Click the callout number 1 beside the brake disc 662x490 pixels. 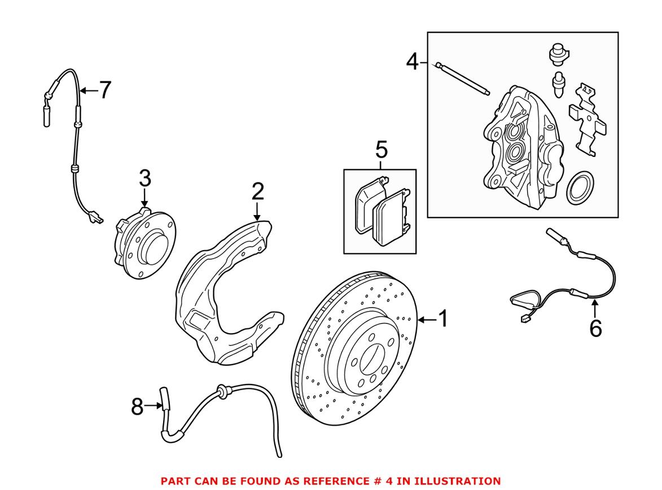point(442,320)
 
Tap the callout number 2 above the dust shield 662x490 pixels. point(257,193)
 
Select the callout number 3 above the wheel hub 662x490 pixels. point(145,179)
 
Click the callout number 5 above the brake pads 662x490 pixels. point(381,151)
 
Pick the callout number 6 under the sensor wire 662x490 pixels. point(595,327)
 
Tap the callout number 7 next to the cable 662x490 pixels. point(104,90)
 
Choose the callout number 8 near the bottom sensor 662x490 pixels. point(138,406)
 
